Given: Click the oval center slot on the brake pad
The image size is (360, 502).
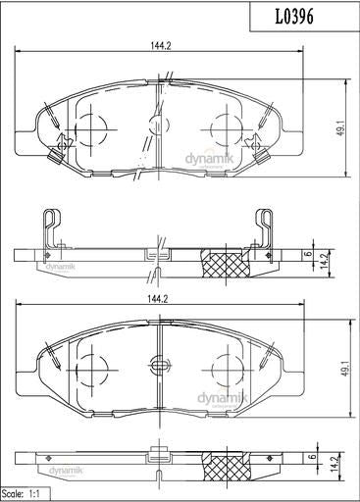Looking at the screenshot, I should point(159,368).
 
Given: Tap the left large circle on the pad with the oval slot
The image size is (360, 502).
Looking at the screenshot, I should point(90,368).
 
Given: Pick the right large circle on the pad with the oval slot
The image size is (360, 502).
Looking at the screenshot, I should point(227,368).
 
